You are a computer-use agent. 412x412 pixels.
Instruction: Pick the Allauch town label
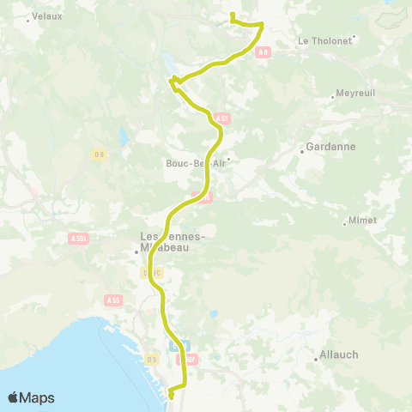coord(339,354)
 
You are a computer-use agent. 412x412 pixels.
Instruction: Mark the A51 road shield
coord(221,118)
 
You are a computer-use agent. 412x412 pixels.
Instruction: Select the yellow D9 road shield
coord(99,154)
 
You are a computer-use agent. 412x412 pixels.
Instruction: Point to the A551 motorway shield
coord(78,238)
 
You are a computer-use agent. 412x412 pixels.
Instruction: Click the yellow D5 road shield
coord(151,357)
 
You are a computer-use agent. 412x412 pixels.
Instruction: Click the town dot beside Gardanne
coord(301,152)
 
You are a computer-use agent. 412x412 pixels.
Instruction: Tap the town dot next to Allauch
coord(315,360)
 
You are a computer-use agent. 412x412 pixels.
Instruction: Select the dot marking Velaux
coord(28,20)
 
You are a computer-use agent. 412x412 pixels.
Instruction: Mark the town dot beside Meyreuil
coord(332,97)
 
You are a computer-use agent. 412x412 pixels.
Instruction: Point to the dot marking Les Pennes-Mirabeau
coord(136,251)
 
